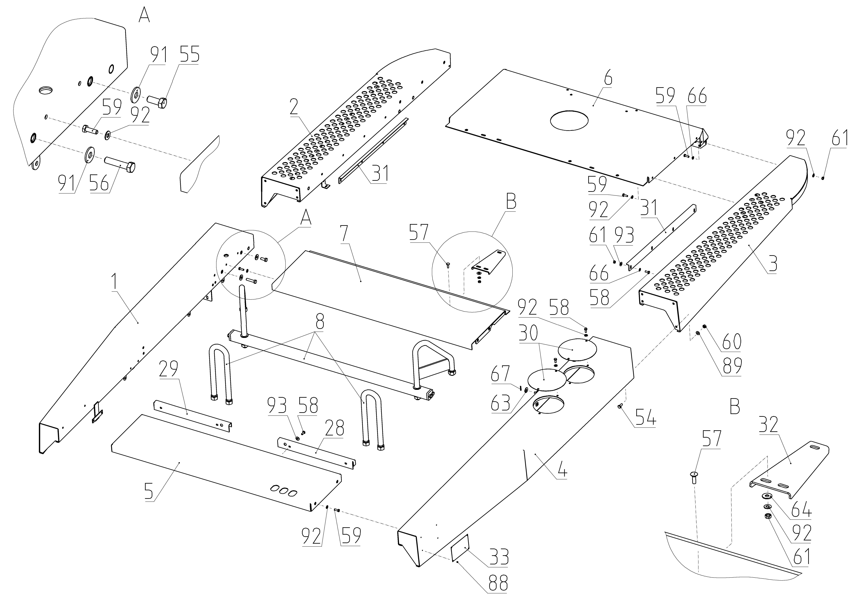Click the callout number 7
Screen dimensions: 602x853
[x=344, y=233]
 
